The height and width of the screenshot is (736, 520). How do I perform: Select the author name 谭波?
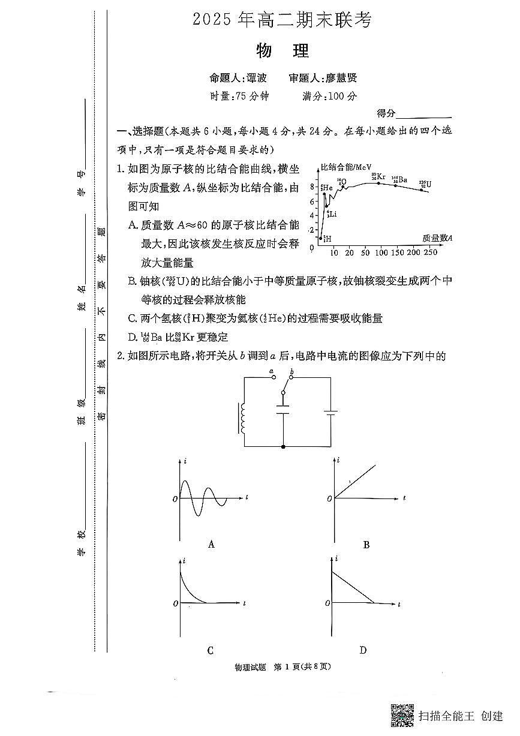[x=256, y=78]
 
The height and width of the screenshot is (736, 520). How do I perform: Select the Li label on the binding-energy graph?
[x=330, y=214]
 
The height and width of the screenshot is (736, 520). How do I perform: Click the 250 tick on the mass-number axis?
[x=431, y=253]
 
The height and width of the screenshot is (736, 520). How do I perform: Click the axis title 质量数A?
[x=437, y=238]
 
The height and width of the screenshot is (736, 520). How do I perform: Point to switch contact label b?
[x=292, y=372]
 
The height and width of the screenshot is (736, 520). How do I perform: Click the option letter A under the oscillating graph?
[x=211, y=545]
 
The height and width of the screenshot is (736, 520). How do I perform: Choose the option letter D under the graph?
[x=363, y=650]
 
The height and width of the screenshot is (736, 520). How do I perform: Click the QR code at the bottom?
[x=402, y=714]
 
